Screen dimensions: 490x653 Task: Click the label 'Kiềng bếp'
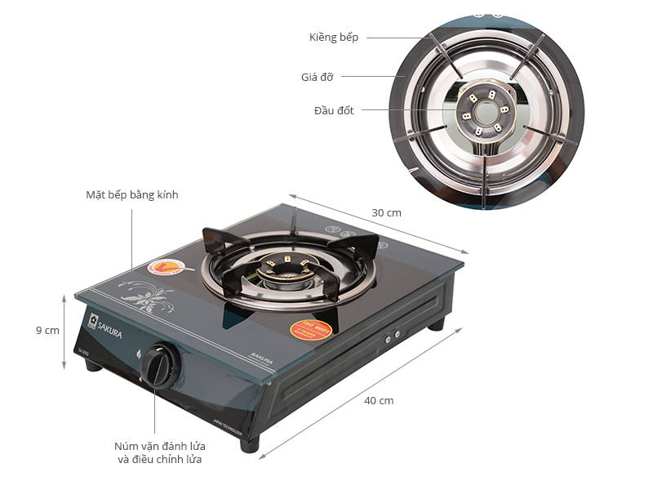click(333, 38)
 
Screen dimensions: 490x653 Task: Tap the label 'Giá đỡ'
click(317, 78)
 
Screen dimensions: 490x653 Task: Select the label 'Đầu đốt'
click(334, 110)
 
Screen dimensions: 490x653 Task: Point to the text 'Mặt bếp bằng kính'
click(131, 195)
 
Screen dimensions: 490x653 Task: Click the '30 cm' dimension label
click(386, 212)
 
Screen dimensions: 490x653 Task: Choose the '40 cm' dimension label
click(378, 400)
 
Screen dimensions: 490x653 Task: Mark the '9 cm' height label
click(47, 331)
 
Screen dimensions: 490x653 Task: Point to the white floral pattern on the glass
click(148, 295)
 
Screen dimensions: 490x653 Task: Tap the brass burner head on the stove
click(282, 270)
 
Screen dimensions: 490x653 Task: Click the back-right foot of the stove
click(437, 324)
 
